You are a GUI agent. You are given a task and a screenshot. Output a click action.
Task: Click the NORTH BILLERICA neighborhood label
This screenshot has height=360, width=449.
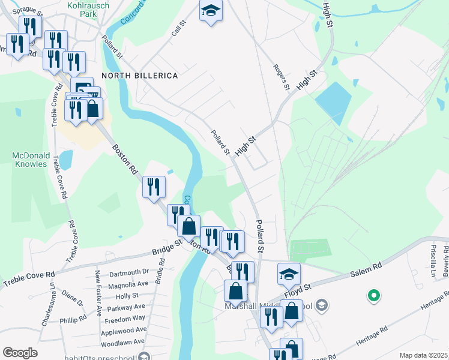[x=139, y=76]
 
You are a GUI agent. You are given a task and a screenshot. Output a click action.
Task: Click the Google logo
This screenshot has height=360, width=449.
[x=20, y=353]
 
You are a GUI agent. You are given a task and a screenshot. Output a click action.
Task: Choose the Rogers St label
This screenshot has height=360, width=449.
[x=281, y=77]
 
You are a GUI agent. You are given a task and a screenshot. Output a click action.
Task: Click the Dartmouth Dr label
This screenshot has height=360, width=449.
[x=128, y=272]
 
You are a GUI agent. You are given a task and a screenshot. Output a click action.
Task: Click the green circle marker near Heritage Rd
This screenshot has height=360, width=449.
[x=373, y=295]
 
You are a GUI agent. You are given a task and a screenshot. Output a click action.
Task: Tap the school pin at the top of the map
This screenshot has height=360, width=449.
[x=211, y=11]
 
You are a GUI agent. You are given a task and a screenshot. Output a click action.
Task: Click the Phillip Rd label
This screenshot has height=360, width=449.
[x=73, y=320]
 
